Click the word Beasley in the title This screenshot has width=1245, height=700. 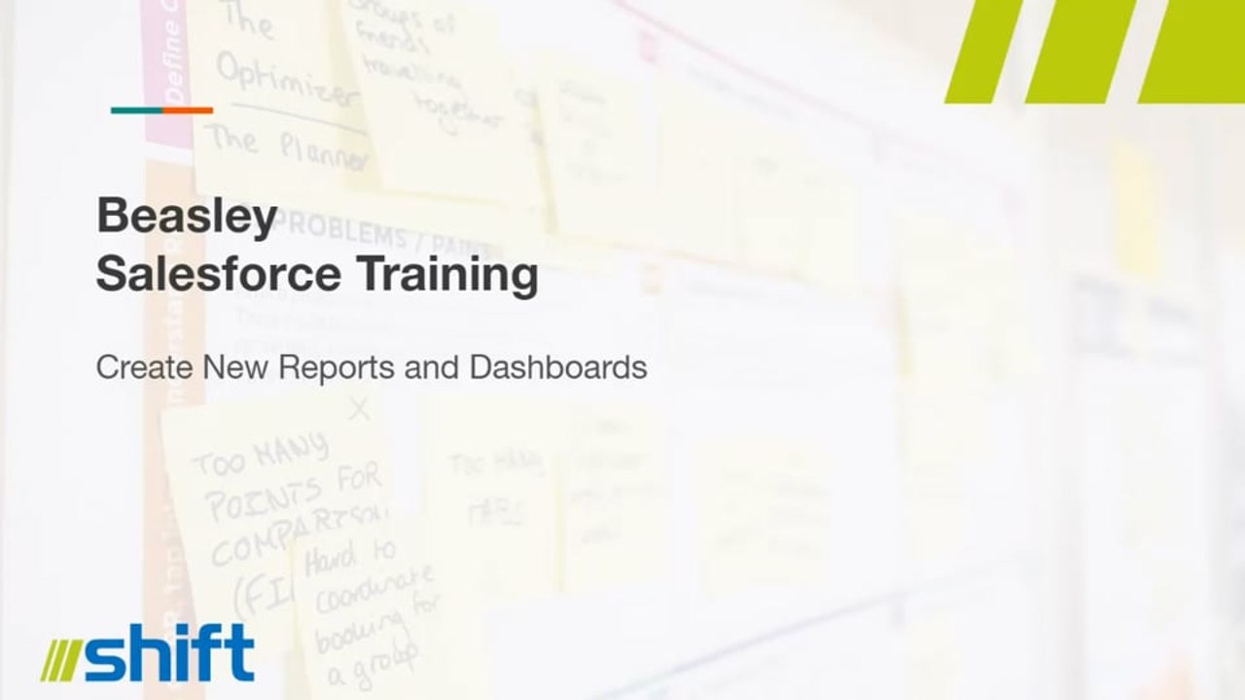187,216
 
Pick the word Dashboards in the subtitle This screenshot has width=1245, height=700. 557,367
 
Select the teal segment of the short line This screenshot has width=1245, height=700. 136,111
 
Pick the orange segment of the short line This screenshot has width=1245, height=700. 187,111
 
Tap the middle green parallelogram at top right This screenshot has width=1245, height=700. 1080,51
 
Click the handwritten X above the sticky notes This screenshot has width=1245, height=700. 360,408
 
